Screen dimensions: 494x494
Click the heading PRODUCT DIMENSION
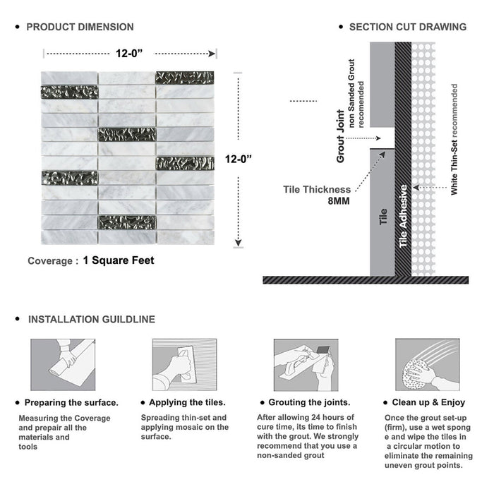(80, 27)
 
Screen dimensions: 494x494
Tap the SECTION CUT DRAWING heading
(408, 27)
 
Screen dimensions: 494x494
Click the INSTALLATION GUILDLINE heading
(92, 319)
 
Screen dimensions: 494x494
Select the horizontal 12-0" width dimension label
(131, 52)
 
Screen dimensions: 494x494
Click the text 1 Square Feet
(119, 260)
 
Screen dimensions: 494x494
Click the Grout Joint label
(340, 136)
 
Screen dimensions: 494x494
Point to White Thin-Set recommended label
(454, 139)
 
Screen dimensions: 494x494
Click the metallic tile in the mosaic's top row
(185, 77)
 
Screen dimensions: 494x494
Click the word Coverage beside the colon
(49, 261)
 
